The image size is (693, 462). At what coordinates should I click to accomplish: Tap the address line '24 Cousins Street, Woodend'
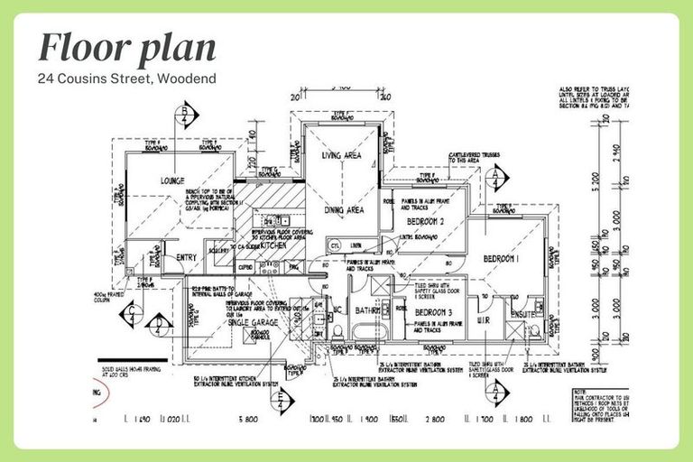(126, 79)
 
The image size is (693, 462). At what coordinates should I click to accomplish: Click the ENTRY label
(186, 258)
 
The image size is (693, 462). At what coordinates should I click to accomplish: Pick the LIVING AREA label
(341, 156)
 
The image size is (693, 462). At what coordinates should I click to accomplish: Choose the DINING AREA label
(343, 209)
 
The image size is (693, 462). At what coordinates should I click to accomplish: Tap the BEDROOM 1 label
(502, 258)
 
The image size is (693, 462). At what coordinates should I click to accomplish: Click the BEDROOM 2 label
(426, 221)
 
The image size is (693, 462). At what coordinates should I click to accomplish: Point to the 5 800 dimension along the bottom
(248, 420)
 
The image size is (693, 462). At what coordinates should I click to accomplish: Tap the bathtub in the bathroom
(369, 343)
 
